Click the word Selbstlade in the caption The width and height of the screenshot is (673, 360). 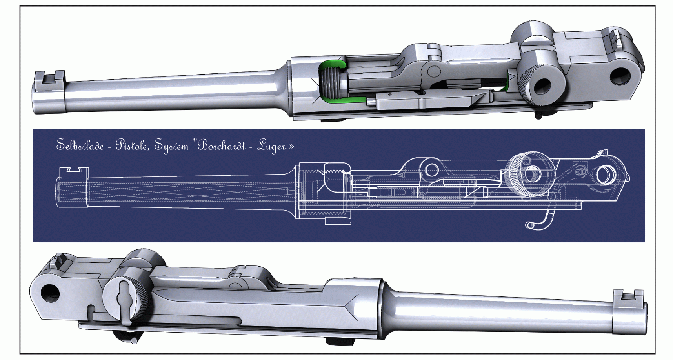tap(80, 145)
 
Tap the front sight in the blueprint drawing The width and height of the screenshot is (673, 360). tap(74, 171)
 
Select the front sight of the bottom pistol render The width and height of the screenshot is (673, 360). tap(628, 295)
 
